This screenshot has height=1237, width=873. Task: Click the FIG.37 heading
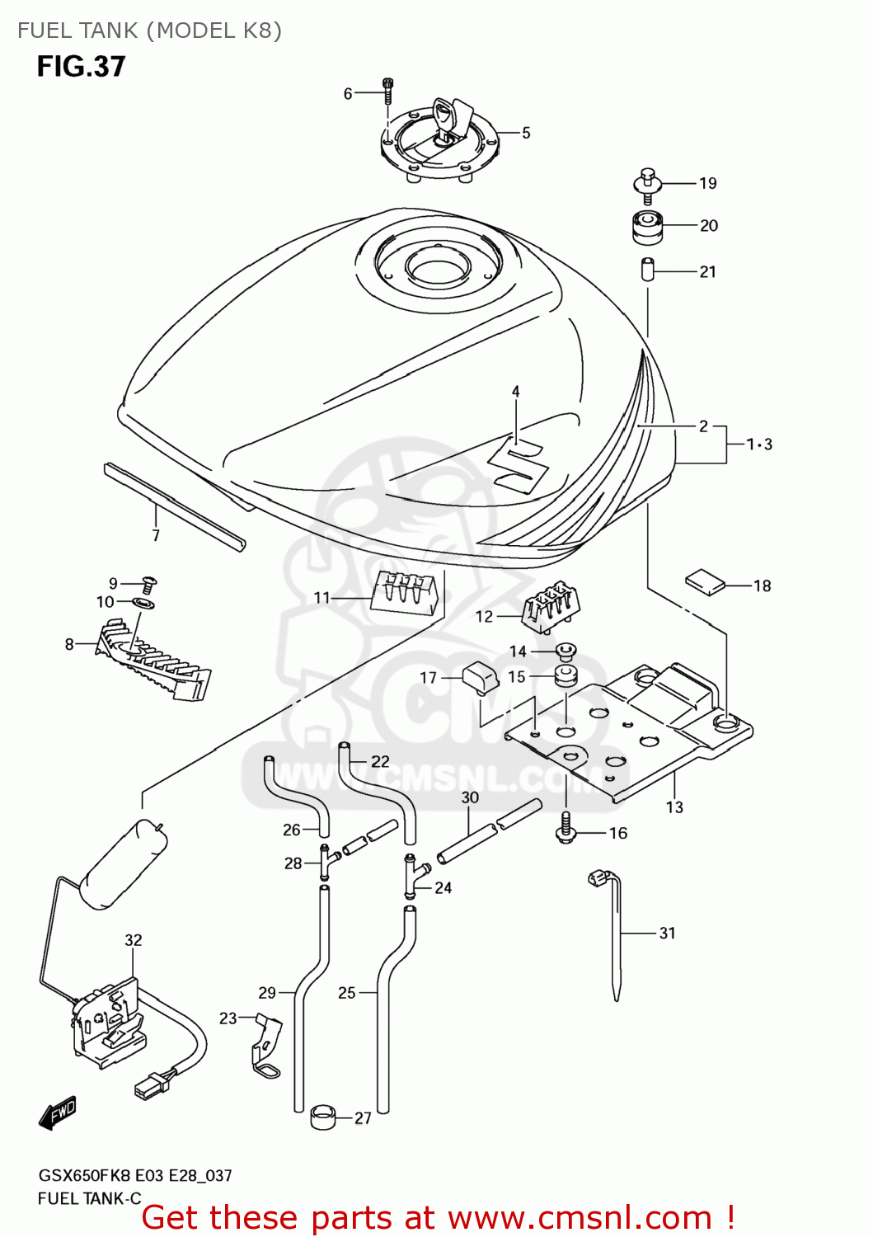81,67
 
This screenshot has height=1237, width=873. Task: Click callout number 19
708,183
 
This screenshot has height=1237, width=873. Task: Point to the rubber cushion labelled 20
647,228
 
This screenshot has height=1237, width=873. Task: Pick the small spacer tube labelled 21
647,270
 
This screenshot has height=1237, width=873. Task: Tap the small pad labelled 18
706,581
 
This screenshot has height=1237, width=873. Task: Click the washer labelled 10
143,604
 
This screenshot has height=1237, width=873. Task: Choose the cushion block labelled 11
404,591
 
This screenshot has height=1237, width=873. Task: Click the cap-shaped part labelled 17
481,678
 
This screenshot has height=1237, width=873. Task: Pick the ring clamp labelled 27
323,1119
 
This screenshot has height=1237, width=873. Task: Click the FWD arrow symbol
58,1112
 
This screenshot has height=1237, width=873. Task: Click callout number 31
667,933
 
